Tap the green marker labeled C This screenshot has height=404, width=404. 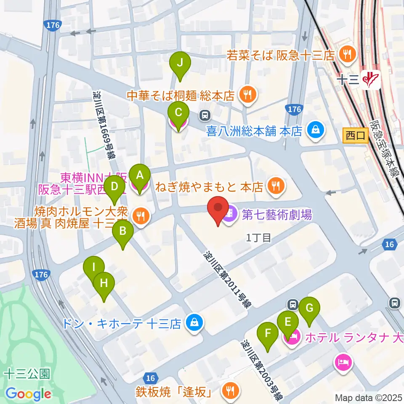178,113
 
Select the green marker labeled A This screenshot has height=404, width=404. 139,175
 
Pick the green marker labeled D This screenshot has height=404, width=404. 114,186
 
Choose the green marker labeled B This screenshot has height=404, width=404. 123,231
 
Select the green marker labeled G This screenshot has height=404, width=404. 309,308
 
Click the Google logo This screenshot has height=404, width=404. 29,394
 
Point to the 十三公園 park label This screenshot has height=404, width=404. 28,373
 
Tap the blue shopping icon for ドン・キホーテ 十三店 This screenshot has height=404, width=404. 194,323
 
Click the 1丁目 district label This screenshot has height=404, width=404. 258,238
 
